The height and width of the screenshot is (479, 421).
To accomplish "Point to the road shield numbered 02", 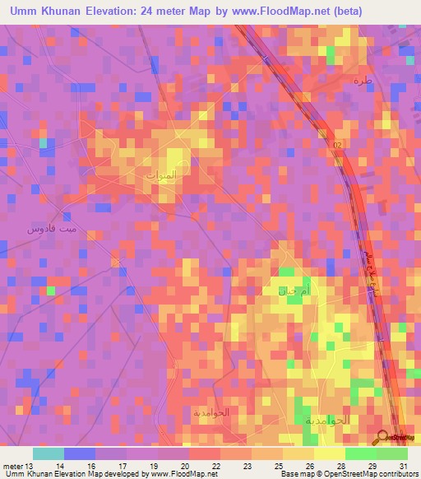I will tap(337, 145).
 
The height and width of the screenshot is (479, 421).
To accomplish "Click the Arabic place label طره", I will tap(363, 81).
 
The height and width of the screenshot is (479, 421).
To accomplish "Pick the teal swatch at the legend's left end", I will tap(48, 453).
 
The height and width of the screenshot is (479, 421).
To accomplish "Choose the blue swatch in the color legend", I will tap(79, 453).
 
